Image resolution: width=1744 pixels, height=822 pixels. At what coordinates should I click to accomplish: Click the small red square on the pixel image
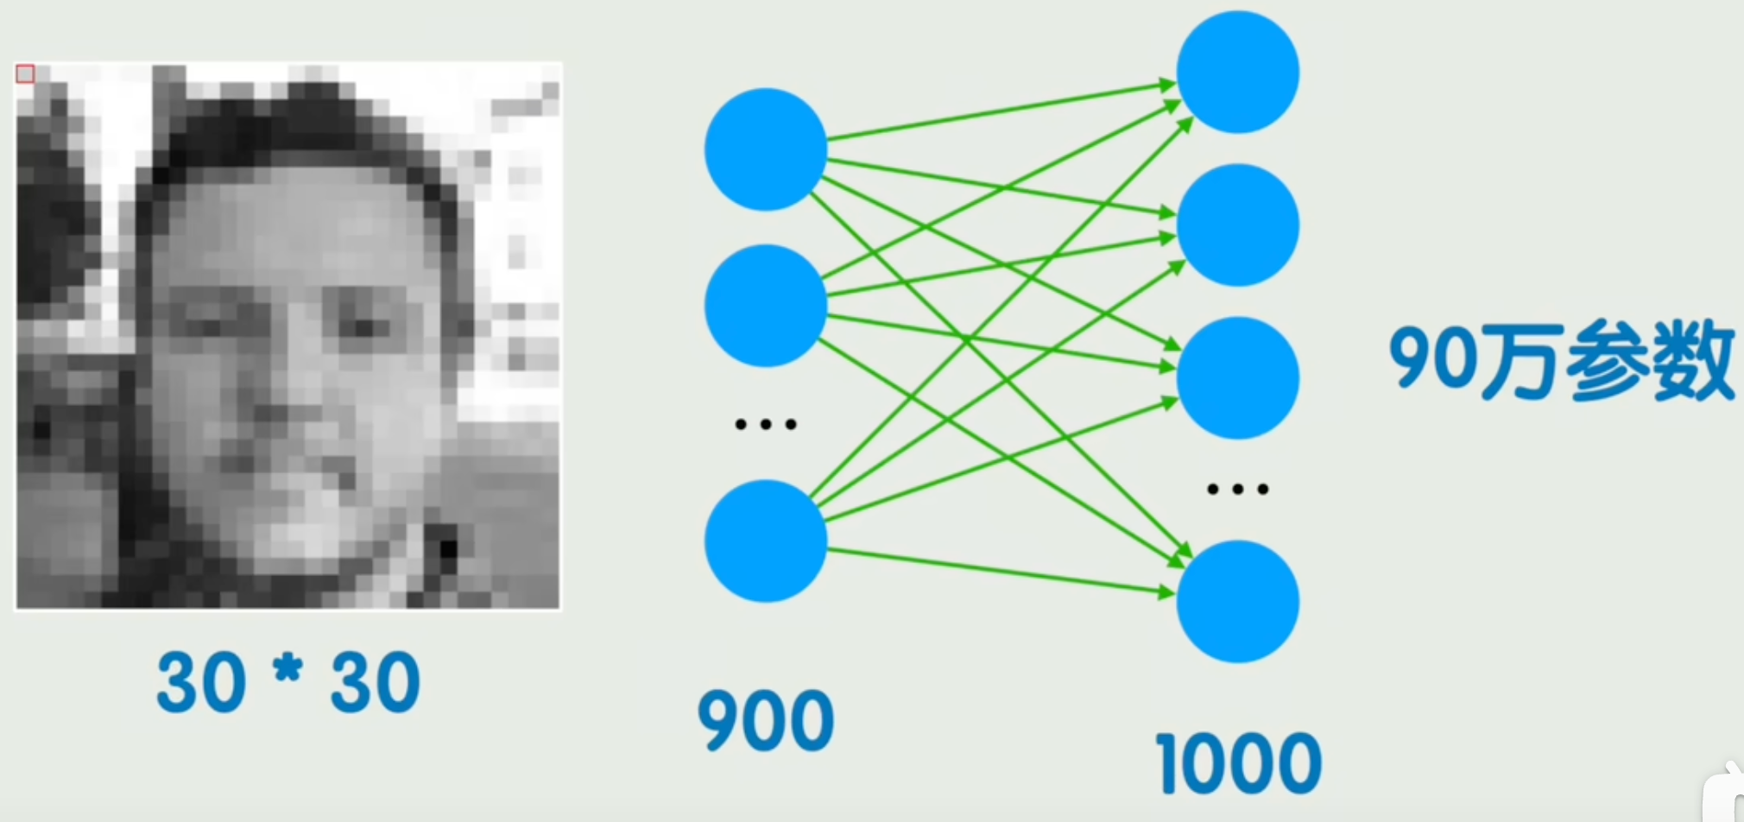click(x=25, y=73)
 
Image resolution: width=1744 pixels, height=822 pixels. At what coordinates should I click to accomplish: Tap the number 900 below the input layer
click(x=766, y=720)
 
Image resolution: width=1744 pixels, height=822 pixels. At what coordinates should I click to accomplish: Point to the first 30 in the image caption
click(x=201, y=682)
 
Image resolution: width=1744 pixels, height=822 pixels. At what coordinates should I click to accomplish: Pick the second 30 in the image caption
click(x=376, y=682)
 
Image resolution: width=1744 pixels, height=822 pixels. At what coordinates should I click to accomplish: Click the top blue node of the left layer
click(x=765, y=149)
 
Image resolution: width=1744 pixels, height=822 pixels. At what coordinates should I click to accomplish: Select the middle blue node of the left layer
click(x=765, y=306)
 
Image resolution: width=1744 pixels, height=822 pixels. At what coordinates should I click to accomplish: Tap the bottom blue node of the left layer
click(x=765, y=541)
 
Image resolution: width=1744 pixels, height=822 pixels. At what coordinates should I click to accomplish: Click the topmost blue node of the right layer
click(x=1238, y=72)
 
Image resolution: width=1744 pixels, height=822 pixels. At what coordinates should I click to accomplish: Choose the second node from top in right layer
click(x=1238, y=224)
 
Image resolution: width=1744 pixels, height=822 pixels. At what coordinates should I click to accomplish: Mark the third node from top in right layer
click(x=1238, y=377)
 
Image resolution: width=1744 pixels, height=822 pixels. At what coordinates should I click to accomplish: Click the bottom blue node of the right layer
click(x=1238, y=601)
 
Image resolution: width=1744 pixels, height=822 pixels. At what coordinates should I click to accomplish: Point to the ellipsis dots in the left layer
click(x=765, y=424)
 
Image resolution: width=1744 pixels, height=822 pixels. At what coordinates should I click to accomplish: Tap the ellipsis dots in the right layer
click(x=1238, y=490)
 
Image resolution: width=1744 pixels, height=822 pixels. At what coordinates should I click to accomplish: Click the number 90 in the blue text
click(x=1434, y=358)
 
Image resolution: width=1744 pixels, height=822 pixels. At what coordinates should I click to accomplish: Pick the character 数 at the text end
click(x=1693, y=360)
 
